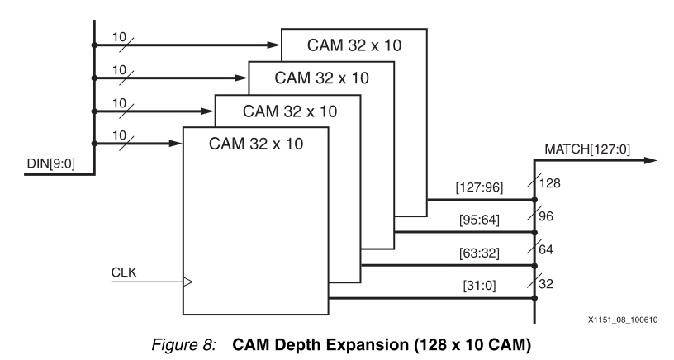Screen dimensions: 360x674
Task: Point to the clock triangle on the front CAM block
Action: pos(187,282)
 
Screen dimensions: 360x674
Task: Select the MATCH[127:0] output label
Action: pos(587,149)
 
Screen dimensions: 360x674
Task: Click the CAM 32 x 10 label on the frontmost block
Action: pos(256,143)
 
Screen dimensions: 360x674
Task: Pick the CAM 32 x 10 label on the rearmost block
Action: pos(354,45)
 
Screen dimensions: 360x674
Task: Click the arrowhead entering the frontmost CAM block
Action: pos(175,143)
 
